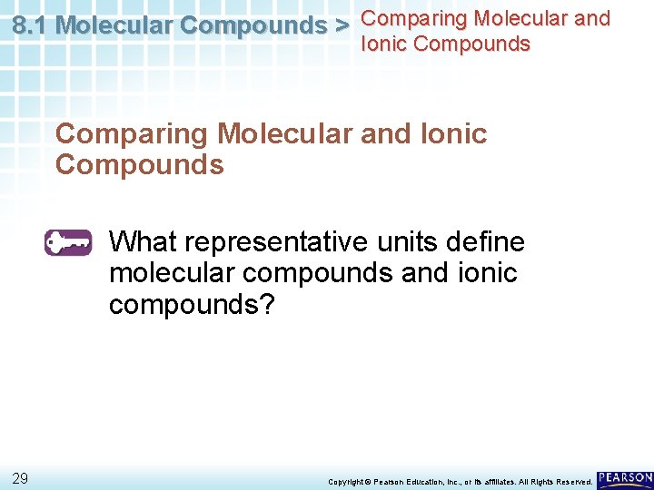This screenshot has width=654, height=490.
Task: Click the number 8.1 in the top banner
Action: coord(31,26)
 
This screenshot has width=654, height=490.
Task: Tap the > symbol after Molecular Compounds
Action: coord(341,26)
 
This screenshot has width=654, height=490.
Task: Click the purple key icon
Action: coord(68,243)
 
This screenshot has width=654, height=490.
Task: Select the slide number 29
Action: coord(20,478)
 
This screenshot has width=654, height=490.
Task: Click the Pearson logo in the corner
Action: coord(625,478)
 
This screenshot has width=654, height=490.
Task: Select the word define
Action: coord(491,242)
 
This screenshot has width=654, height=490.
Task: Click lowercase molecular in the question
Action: coord(173,273)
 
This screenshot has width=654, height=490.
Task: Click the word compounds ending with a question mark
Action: coord(191,304)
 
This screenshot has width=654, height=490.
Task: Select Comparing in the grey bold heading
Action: coord(132,134)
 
